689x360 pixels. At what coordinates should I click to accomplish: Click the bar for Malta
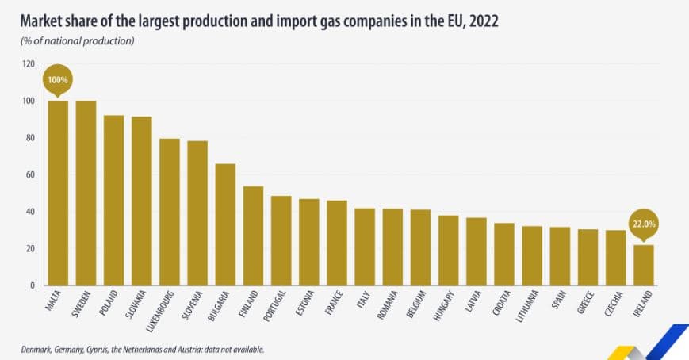[58, 193]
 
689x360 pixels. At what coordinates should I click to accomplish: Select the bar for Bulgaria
[226, 224]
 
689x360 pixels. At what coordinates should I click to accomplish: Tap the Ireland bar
[644, 265]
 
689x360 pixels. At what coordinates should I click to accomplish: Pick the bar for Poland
[114, 200]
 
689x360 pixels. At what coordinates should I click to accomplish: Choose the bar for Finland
[254, 236]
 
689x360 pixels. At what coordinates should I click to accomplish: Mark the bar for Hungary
[449, 250]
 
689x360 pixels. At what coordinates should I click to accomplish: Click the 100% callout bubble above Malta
[58, 80]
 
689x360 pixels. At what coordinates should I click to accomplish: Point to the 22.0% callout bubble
[643, 224]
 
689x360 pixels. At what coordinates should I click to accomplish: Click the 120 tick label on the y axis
[29, 64]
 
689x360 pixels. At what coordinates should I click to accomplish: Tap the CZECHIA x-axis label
[614, 304]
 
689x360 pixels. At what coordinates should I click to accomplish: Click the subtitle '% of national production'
[78, 40]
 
